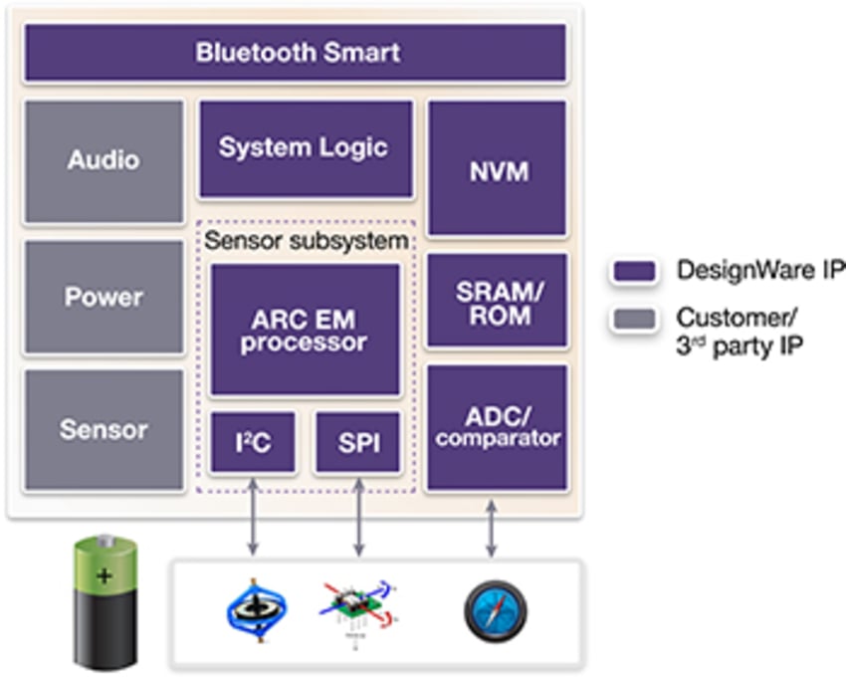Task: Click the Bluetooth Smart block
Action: pyautogui.click(x=296, y=53)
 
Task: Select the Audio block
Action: pyautogui.click(x=104, y=160)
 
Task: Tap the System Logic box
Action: pyautogui.click(x=305, y=148)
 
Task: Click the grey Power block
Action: pyautogui.click(x=104, y=297)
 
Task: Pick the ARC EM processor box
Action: pyautogui.click(x=305, y=329)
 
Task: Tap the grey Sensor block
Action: pyautogui.click(x=104, y=430)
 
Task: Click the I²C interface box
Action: pyautogui.click(x=253, y=443)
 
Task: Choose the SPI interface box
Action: pyautogui.click(x=358, y=443)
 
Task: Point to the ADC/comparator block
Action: pyautogui.click(x=498, y=427)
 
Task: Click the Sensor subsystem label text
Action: pyautogui.click(x=307, y=241)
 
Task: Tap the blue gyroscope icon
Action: pyautogui.click(x=256, y=609)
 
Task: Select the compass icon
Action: pyautogui.click(x=495, y=610)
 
